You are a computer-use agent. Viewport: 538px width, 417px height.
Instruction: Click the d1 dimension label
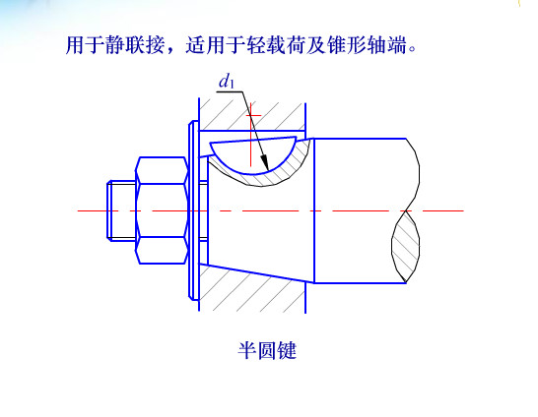[x=227, y=82]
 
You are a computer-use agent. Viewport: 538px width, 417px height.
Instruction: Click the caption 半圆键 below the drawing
[x=267, y=350]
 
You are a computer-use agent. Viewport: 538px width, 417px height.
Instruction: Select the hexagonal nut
[x=163, y=210]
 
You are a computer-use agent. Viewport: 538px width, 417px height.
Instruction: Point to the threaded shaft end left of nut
[x=121, y=210]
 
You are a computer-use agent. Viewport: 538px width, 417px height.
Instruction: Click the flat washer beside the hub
[x=193, y=210]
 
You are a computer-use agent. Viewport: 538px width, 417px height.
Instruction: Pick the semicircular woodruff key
[x=253, y=154]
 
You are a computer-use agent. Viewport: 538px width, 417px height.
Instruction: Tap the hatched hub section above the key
[x=252, y=115]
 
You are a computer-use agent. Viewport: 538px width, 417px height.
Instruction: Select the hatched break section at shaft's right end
[x=406, y=247]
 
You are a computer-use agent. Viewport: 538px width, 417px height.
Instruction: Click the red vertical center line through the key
[x=251, y=135]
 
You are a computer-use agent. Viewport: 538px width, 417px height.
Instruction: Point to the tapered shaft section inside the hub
[x=261, y=219]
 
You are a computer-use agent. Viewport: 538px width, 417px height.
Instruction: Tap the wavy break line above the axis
[x=413, y=175]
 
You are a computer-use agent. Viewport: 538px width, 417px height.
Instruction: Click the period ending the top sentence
[x=412, y=49]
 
